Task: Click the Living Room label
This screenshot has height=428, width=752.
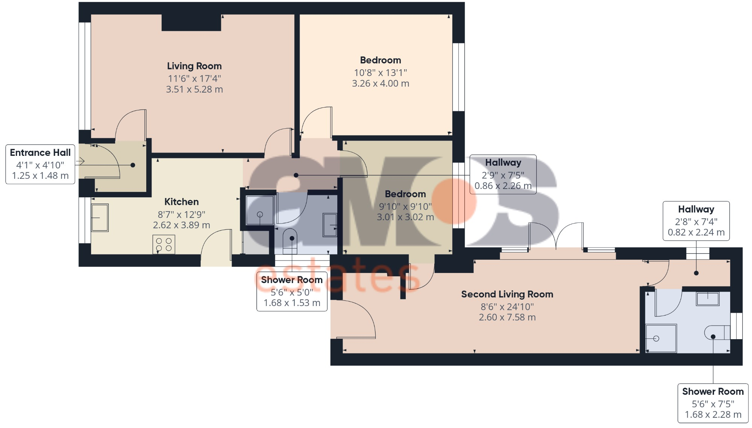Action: pos(194,66)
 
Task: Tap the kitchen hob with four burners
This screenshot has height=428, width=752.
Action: pos(164,244)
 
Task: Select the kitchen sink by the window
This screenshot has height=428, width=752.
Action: pos(100,218)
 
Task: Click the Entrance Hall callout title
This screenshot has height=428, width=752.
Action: pos(40,152)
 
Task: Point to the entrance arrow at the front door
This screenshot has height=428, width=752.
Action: pos(80,161)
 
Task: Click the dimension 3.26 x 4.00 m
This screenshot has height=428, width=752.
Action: pos(381,84)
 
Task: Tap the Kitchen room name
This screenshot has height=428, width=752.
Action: pos(181,202)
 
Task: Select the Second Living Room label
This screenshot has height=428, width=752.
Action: pos(507,294)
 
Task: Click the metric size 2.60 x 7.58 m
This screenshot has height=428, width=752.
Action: pos(507,317)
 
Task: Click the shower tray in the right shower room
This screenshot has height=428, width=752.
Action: pos(661,338)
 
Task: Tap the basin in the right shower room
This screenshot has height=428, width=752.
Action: pos(707,299)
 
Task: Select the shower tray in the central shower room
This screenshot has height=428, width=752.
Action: pos(259,210)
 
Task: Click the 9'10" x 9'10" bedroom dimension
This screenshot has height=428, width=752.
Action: pos(405,206)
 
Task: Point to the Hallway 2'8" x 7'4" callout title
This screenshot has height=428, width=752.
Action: pos(696,209)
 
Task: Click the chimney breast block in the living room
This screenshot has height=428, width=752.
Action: pos(191,23)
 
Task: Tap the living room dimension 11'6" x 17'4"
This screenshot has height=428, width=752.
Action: pos(194,79)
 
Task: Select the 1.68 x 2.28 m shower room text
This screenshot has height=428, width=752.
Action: pos(713,414)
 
